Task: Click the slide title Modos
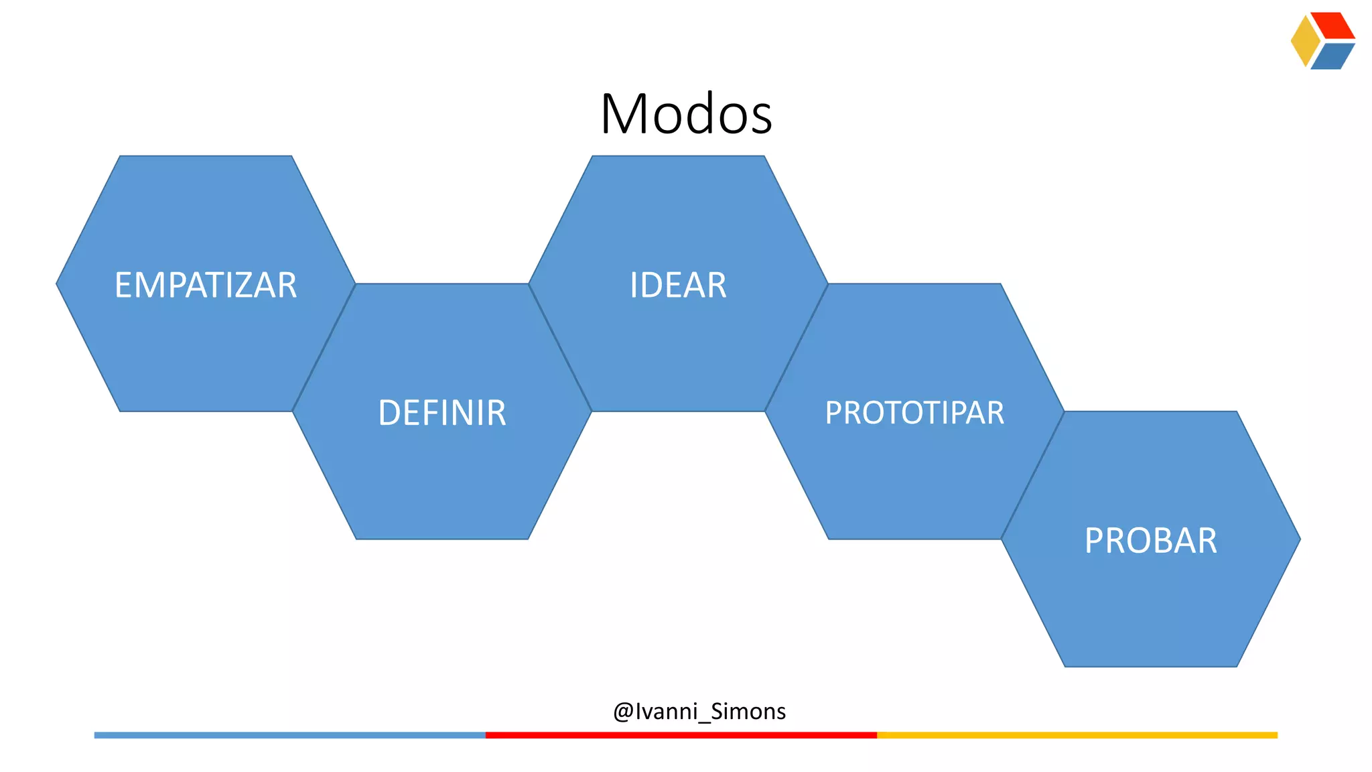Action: pyautogui.click(x=686, y=114)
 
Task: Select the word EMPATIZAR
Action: pyautogui.click(x=206, y=285)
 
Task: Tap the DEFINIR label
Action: pyautogui.click(x=442, y=413)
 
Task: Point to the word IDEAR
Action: pyautogui.click(x=678, y=285)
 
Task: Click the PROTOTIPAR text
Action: pyautogui.click(x=914, y=413)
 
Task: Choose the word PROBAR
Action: pyautogui.click(x=1150, y=541)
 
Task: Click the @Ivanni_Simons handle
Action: pyautogui.click(x=699, y=711)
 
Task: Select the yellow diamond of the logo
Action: pyautogui.click(x=1304, y=41)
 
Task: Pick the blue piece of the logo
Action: pyautogui.click(x=1332, y=56)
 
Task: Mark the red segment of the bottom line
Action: pyautogui.click(x=681, y=735)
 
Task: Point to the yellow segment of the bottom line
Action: pyautogui.click(x=1077, y=735)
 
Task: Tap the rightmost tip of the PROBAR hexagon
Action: pyautogui.click(x=1298, y=539)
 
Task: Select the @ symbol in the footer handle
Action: pyautogui.click(x=623, y=712)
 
